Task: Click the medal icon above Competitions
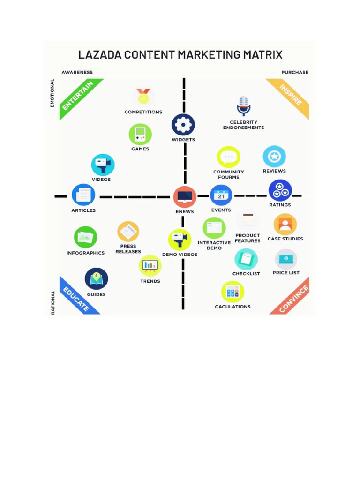point(143,97)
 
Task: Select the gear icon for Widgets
point(183,125)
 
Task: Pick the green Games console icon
point(140,135)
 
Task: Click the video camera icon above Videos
point(103,165)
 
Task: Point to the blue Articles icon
point(83,195)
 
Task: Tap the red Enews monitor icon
point(185,197)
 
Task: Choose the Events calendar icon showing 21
point(221,195)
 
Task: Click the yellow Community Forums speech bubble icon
point(229,157)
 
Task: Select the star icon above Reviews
point(274,157)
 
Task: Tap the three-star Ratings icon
point(280,190)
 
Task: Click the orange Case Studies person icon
point(285,225)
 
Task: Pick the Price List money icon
point(286,259)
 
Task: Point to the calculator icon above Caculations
point(232,292)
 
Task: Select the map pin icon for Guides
point(97,279)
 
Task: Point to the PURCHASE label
point(295,72)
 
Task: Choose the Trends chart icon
point(150,266)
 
